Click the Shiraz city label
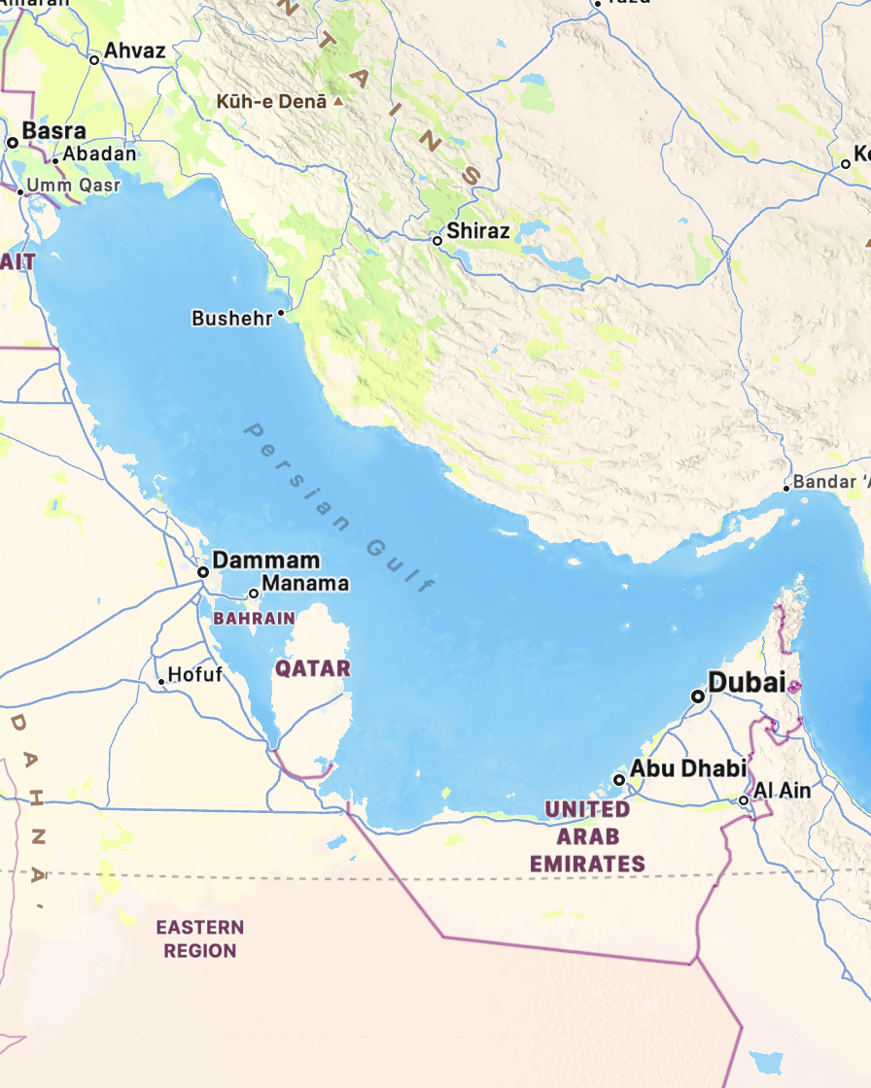478,231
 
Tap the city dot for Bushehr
281,313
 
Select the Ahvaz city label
135,51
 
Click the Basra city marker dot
13,143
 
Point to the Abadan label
100,153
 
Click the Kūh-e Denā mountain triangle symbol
338,101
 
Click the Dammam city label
266,561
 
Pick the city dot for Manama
254,593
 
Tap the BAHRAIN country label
254,618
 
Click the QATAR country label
312,668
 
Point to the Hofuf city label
195,674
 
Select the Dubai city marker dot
697,697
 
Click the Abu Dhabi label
688,768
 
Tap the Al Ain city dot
744,800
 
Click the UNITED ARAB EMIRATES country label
587,836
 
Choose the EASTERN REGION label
199,939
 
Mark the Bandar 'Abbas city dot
786,488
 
